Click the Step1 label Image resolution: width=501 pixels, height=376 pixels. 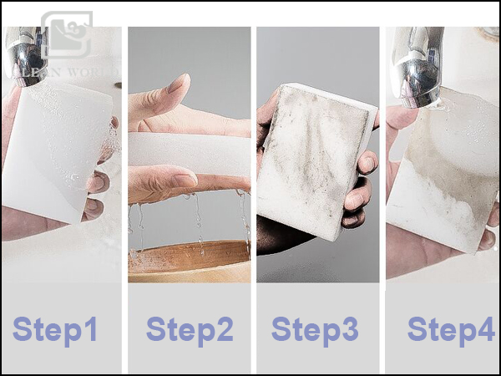tap(55, 329)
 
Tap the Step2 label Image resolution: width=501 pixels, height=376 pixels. tap(190, 329)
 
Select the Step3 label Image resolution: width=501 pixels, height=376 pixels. tap(315, 329)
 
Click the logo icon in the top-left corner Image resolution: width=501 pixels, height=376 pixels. tap(67, 38)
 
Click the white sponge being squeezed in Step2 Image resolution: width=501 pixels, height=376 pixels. tap(188, 152)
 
